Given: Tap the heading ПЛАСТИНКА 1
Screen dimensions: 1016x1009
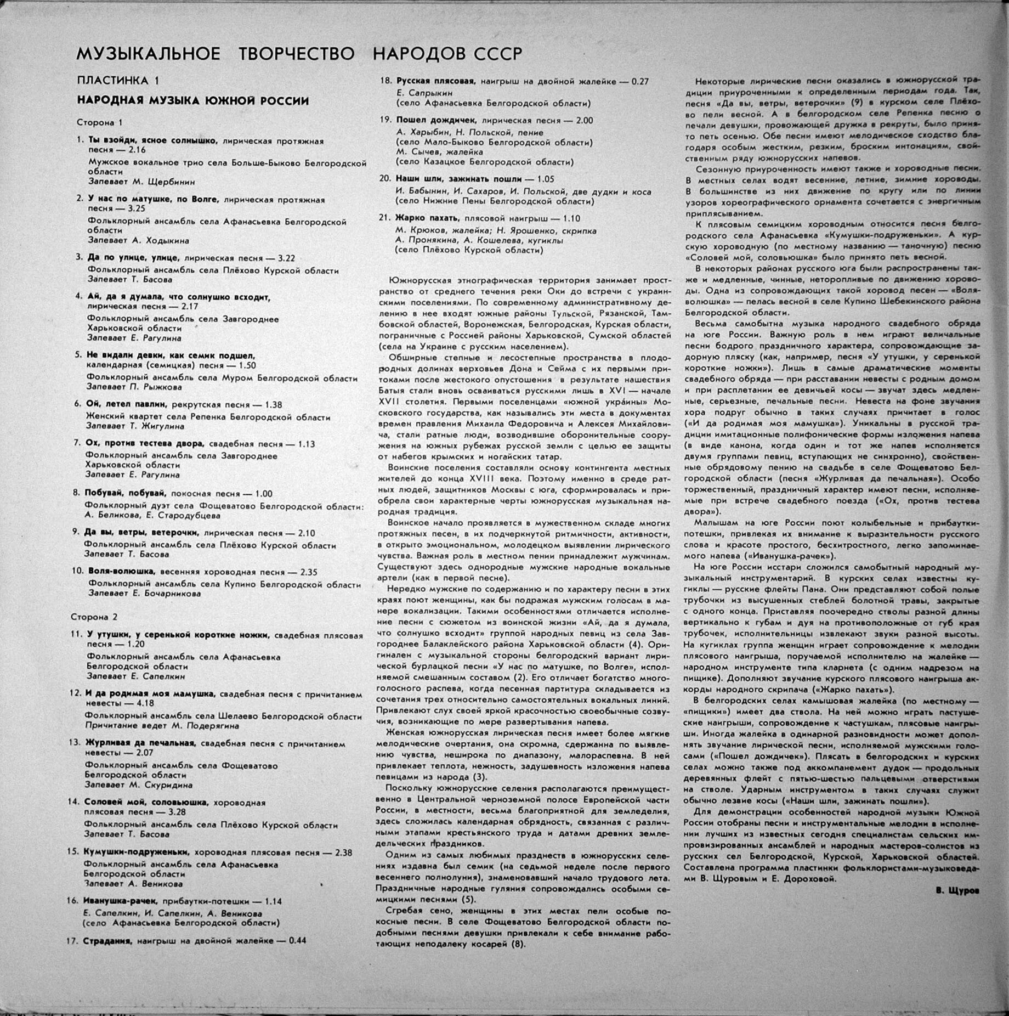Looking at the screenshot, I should tap(117, 81).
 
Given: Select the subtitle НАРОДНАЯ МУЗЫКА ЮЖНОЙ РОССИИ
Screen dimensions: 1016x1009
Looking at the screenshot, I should tap(192, 101).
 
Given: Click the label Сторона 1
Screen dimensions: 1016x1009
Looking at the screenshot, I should tap(95, 123).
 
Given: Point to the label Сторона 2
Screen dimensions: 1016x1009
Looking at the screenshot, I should tap(94, 617).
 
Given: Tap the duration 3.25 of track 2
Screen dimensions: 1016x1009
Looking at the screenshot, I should tap(135, 209).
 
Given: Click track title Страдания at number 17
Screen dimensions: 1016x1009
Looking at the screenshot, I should tap(108, 941).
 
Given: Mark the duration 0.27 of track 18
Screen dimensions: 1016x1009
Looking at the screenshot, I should tap(639, 81).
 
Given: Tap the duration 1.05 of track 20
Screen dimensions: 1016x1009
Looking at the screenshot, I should tap(545, 179).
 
